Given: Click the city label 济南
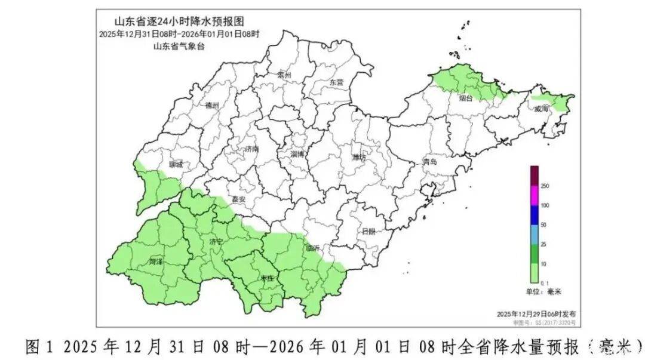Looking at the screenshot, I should [x=251, y=149].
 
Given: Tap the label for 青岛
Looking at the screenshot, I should [x=430, y=162].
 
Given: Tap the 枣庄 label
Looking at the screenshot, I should [x=267, y=278].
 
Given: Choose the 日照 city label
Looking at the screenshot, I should [x=368, y=232].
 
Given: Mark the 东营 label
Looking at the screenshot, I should [x=337, y=83].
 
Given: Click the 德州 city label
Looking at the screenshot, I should [x=212, y=106].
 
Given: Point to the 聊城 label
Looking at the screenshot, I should [x=176, y=164].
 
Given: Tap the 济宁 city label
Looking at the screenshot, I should [x=216, y=242].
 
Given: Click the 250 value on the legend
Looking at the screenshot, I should [x=544, y=186].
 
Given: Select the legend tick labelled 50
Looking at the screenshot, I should [x=543, y=225].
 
